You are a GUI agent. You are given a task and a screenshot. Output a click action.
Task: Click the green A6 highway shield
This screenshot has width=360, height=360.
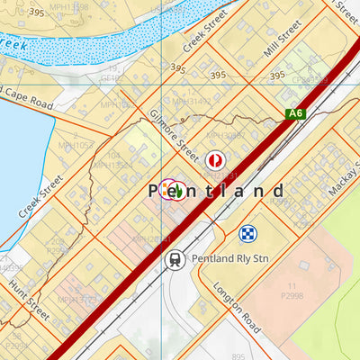point(295,113)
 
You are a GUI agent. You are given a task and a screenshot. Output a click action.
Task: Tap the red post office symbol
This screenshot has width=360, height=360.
point(213,159)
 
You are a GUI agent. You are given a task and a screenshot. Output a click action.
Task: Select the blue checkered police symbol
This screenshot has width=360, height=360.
point(247,234)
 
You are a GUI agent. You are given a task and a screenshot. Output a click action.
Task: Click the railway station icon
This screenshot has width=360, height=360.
point(174,259)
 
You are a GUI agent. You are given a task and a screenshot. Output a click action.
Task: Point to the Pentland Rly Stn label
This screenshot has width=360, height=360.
point(228,259)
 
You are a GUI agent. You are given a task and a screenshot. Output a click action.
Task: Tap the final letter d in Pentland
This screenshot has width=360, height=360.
point(279,191)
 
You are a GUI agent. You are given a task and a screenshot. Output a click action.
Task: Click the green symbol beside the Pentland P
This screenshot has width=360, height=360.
point(179,191)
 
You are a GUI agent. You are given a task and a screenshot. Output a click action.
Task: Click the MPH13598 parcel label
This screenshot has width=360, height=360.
point(67,6)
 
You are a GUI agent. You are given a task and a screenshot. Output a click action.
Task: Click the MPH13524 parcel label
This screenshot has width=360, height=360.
point(112,166)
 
